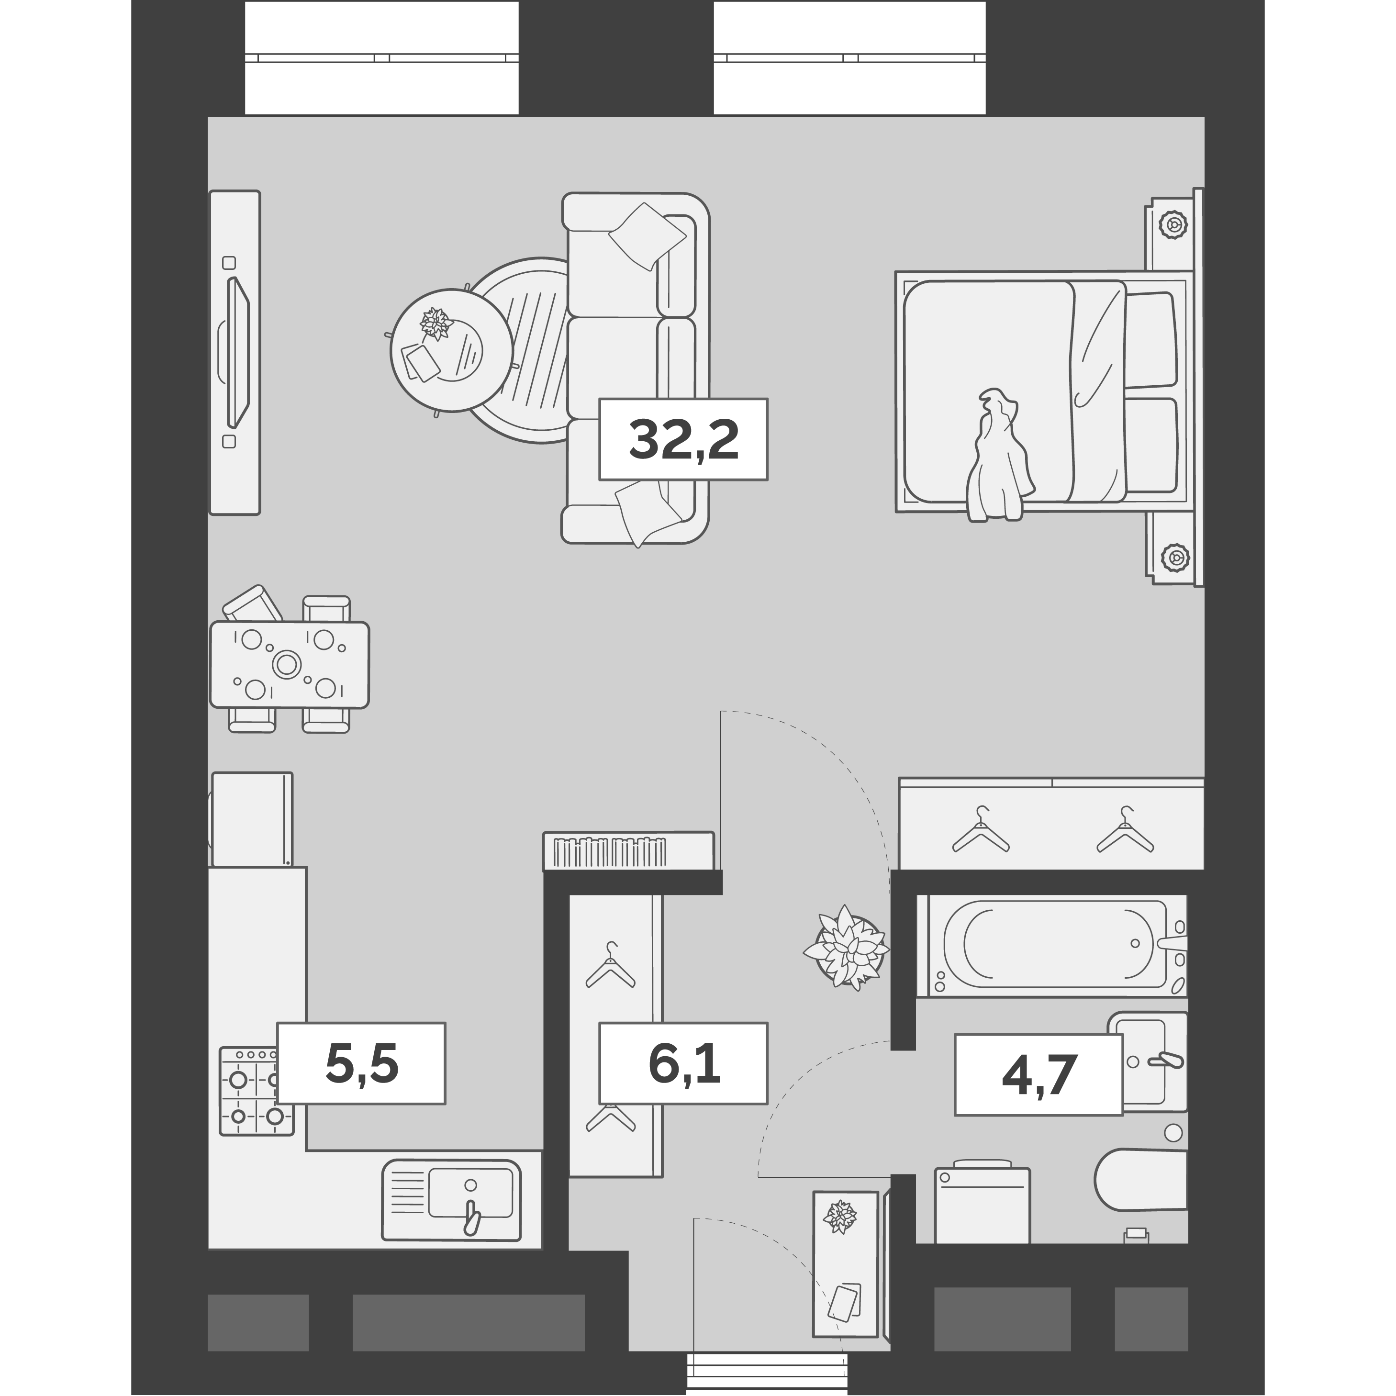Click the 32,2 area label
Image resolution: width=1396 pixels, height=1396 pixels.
coord(683,439)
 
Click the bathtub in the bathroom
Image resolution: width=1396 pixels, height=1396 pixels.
coord(1051,946)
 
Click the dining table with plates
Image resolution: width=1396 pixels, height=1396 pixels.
coord(289,664)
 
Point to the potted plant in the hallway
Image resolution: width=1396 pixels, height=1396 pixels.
coord(846,947)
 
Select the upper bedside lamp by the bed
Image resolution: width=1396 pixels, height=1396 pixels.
coord(1173,225)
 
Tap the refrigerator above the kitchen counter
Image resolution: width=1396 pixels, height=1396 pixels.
coord(252,819)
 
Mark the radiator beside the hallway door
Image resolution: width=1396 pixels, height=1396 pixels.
coord(629,851)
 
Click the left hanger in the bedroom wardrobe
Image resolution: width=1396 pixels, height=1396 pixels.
coord(981,829)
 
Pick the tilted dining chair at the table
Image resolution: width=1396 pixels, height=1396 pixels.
coord(253,604)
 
